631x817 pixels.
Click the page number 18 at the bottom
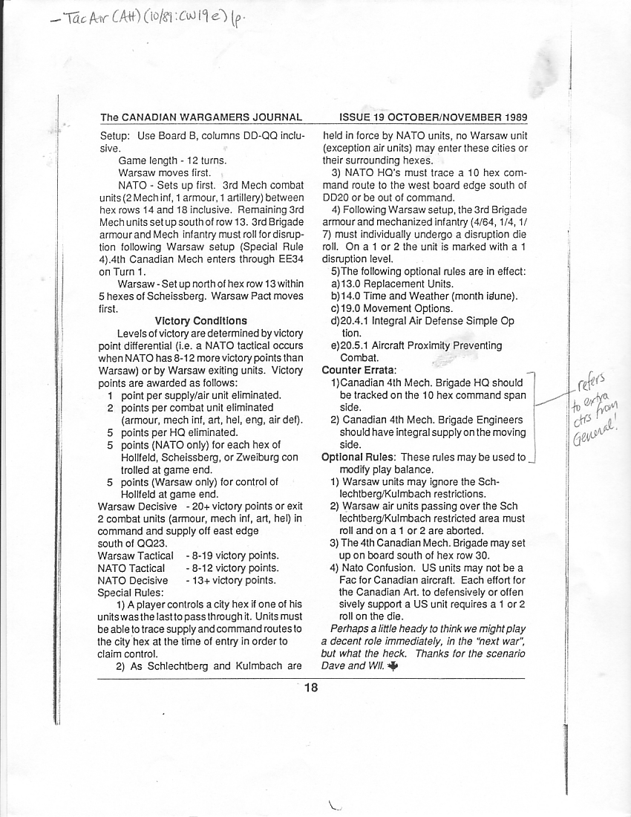click(x=310, y=688)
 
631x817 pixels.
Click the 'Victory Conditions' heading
click(x=201, y=321)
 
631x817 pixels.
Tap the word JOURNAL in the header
click(x=274, y=117)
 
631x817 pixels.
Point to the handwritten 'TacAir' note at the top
click(x=86, y=21)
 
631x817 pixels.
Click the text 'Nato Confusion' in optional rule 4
click(x=375, y=568)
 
